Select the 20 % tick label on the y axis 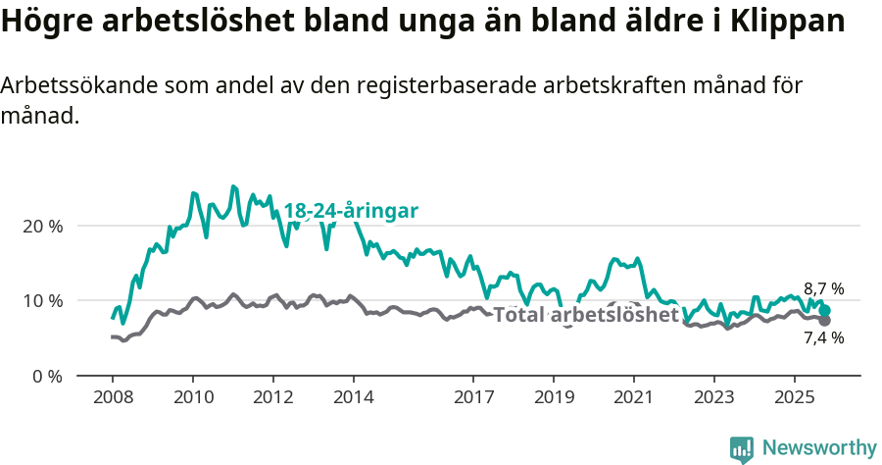42,226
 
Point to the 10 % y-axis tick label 42,300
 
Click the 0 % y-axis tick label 46,376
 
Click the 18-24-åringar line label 351,211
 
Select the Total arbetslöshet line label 585,315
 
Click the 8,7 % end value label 823,289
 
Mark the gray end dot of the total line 825,321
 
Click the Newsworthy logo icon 742,448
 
